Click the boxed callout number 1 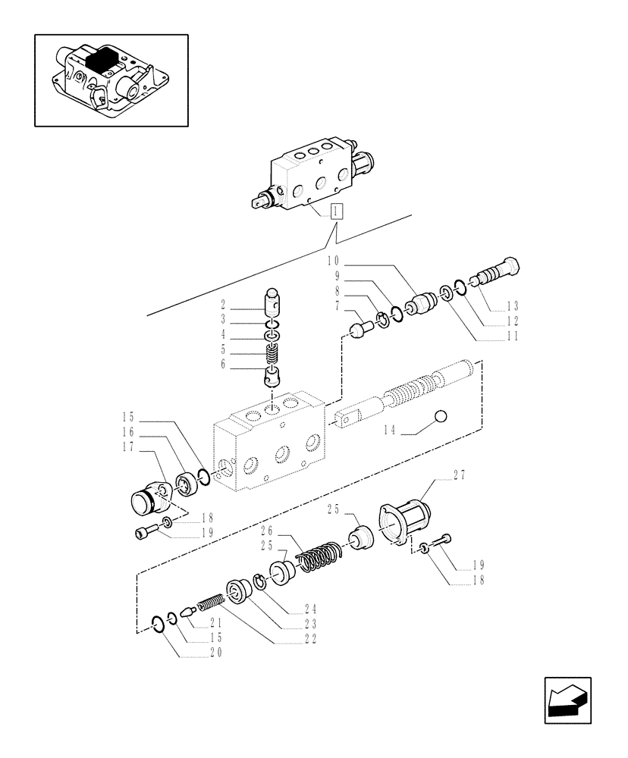pos(337,211)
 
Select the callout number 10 pos(332,261)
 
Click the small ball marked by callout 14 pos(439,416)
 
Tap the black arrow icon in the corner pos(567,701)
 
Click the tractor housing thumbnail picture pos(111,80)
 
